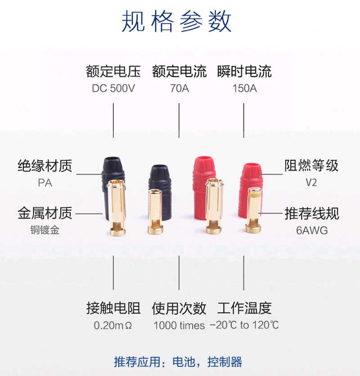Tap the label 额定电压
tap(113, 72)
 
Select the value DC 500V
tap(113, 88)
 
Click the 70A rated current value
tap(180, 88)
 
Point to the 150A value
tap(244, 88)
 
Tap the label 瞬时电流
tap(244, 72)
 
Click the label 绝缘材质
tap(45, 166)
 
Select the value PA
tap(45, 183)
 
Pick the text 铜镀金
tap(45, 230)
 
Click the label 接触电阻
tap(113, 308)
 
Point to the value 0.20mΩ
tap(113, 325)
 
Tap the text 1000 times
tap(179, 325)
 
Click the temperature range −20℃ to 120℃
tap(244, 325)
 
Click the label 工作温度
tap(244, 308)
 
